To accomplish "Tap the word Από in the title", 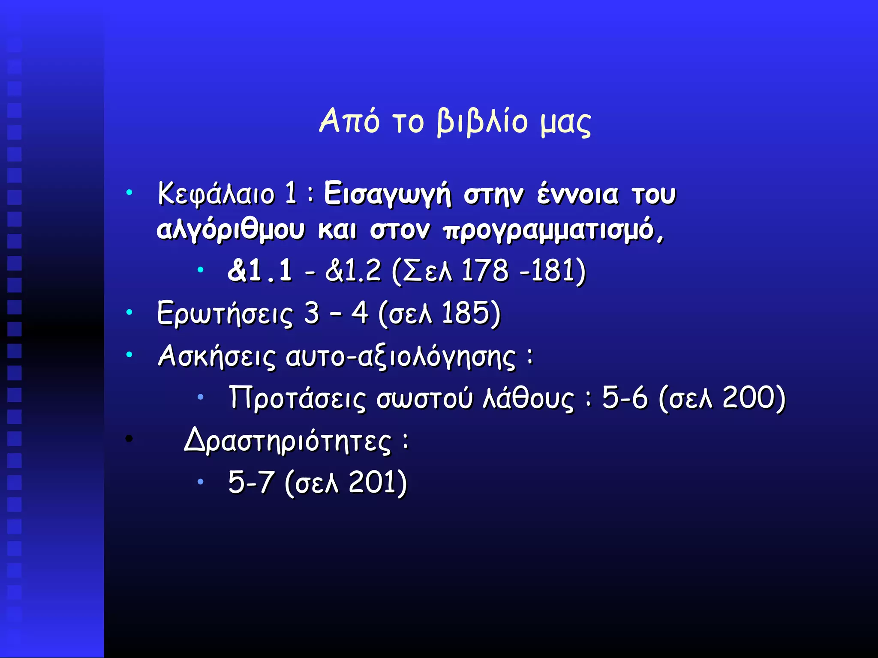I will point(349,121).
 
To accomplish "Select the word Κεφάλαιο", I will point(216,194).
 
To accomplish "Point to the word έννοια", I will point(577,194).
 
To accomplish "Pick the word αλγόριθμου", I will point(230,230).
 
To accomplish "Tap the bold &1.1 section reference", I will point(260,271).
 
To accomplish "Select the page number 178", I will point(485,271).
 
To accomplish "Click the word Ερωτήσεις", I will point(225,314).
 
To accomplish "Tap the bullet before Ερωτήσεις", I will point(129,313).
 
